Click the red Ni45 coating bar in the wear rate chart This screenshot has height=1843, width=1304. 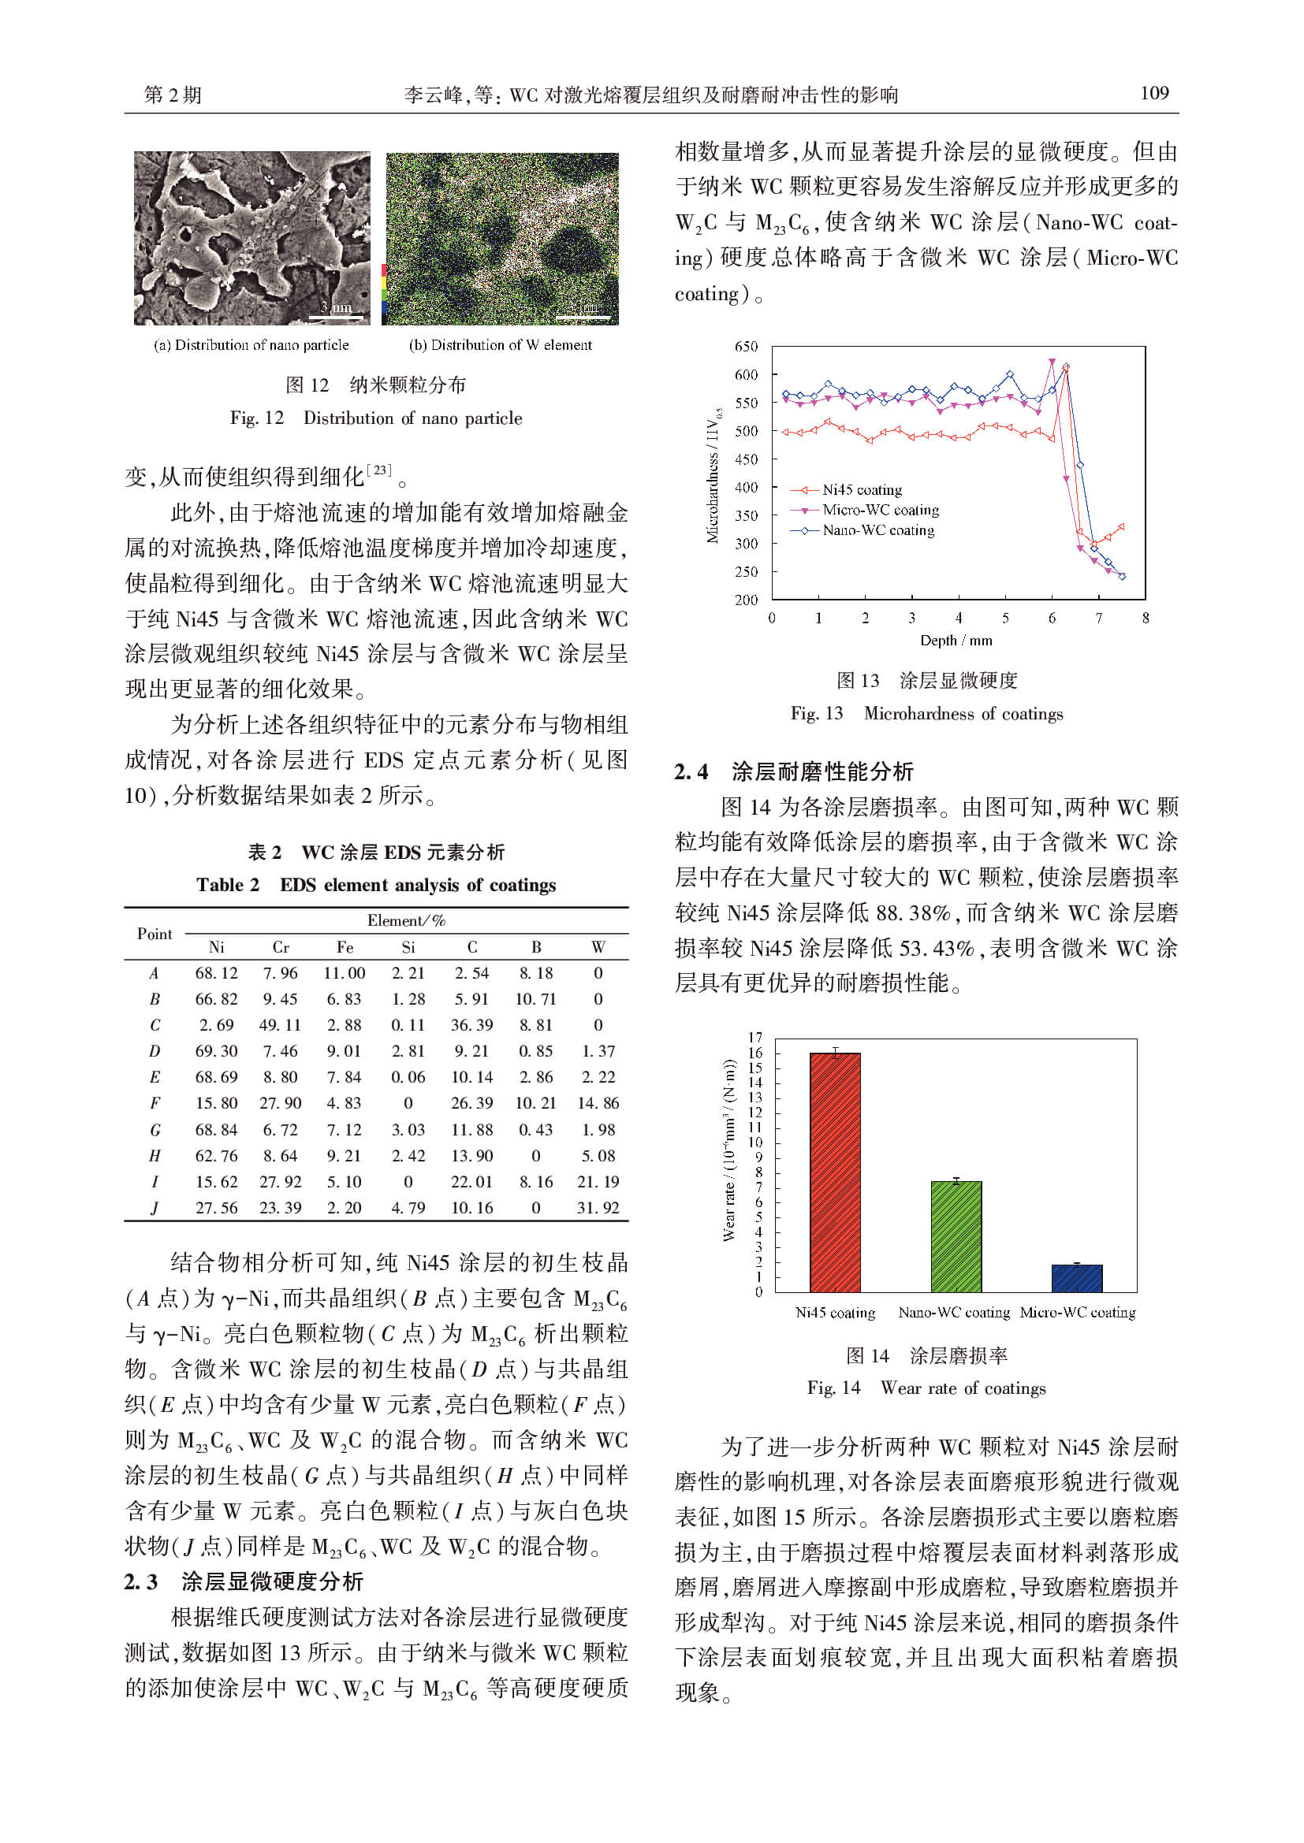834,1172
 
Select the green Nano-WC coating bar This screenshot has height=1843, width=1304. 956,1236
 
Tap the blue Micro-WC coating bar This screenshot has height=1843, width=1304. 1077,1278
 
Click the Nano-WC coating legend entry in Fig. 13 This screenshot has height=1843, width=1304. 877,530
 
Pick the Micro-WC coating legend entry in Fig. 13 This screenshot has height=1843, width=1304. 879,511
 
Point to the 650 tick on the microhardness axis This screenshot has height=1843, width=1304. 746,347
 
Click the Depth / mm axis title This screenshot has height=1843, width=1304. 956,641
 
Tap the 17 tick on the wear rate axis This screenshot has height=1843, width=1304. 754,1038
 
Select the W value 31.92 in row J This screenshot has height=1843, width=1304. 598,1208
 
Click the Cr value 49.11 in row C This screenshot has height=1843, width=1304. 280,1025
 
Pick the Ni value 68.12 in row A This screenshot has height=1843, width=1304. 216,973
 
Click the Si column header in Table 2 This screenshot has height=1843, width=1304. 408,947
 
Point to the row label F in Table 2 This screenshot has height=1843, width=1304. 155,1104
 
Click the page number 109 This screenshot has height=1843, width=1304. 1154,93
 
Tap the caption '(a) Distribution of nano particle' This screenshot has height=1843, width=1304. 251,345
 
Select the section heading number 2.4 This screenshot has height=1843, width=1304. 691,772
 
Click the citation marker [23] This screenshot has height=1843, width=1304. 379,470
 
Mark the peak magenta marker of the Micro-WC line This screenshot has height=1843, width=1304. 1052,362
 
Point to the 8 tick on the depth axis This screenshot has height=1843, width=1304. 1145,618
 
